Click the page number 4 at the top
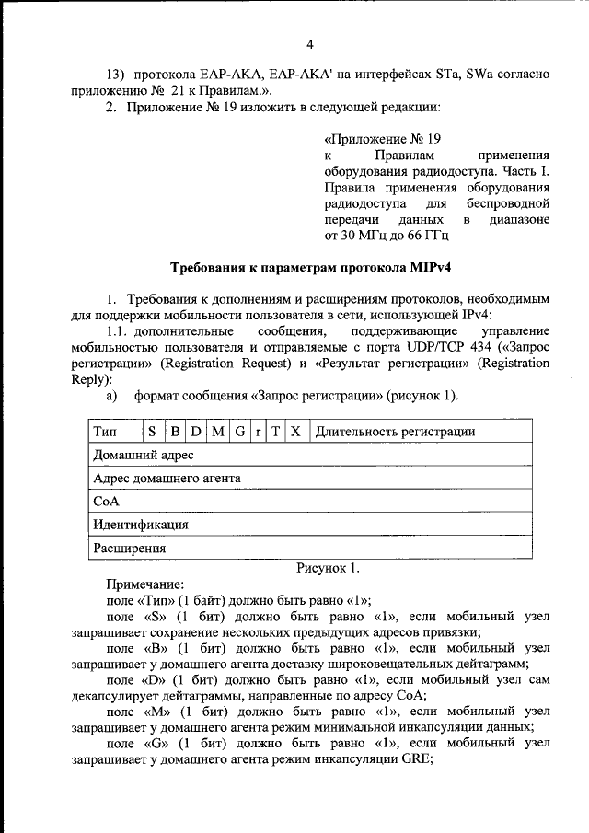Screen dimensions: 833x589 [310, 44]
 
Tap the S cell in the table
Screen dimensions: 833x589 [152, 431]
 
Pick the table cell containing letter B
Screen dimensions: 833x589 [174, 431]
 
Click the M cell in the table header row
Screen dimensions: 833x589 [217, 431]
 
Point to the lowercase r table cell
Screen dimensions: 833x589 [259, 431]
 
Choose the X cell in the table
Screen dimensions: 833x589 [294, 431]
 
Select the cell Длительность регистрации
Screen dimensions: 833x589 [394, 431]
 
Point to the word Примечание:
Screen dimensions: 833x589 [145, 584]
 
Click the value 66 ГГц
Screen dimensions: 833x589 [425, 237]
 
